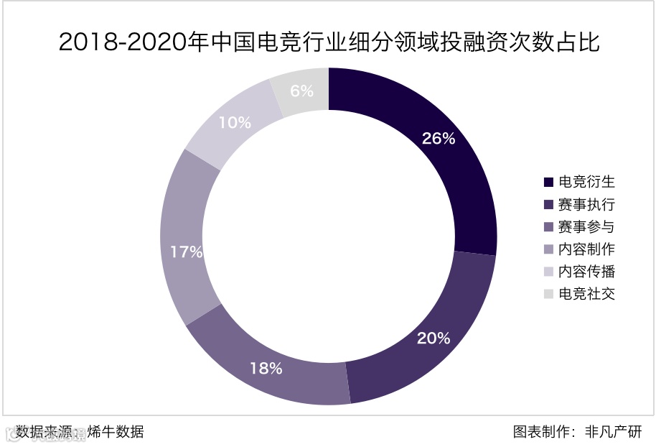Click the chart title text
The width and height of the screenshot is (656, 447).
328,42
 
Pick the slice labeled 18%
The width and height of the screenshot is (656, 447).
266,367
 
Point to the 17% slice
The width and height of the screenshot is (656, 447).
187,252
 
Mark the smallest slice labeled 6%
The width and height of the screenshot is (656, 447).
302,91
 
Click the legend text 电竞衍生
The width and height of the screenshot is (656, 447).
587,182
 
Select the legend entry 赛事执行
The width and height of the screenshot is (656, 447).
587,204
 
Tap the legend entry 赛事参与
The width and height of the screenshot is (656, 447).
587,226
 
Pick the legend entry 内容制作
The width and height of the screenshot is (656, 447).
587,249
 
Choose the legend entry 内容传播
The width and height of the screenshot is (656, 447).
587,271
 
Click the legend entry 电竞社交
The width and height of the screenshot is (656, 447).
587,293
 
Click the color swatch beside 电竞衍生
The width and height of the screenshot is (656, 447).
549,183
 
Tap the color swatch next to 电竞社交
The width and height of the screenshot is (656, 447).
549,294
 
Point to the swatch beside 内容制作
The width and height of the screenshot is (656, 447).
549,249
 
